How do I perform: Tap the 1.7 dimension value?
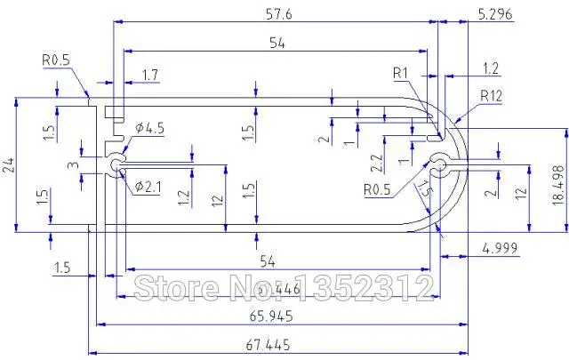[152, 76]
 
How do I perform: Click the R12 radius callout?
[493, 96]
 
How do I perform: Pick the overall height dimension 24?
[8, 164]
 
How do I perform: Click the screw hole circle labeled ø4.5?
[116, 165]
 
